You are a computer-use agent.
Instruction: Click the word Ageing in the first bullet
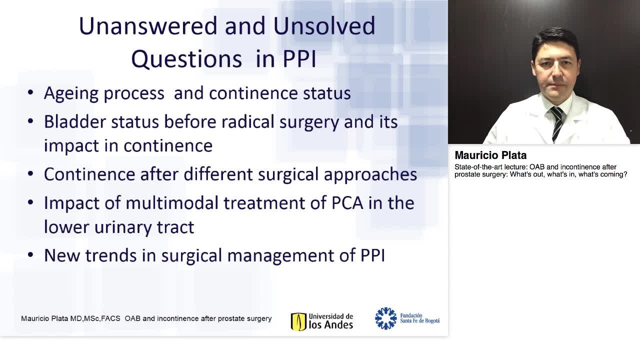click(x=73, y=93)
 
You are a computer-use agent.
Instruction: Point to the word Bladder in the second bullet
click(x=74, y=121)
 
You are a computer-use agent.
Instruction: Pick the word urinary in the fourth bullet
click(x=119, y=226)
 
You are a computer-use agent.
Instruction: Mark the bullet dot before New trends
click(x=31, y=255)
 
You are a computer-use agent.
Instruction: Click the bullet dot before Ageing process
click(x=31, y=93)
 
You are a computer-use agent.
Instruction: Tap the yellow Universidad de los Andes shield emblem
click(x=298, y=321)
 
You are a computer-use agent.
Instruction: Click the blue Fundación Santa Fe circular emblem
click(x=385, y=318)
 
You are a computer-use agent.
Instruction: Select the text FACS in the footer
click(x=111, y=318)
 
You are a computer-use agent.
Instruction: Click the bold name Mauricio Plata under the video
click(x=490, y=155)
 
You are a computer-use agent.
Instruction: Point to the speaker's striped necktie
click(x=556, y=122)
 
